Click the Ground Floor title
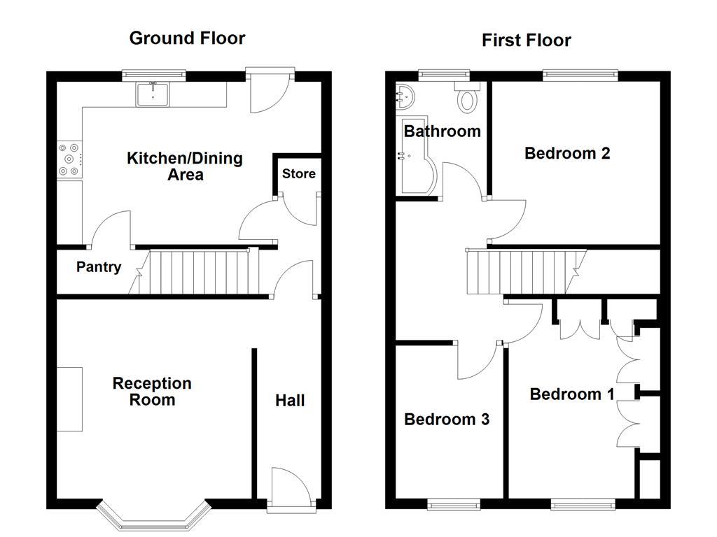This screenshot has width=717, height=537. tap(187, 38)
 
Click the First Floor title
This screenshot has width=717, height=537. tap(526, 40)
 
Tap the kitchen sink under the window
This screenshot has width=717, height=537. tap(153, 94)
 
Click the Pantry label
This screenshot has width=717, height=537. tap(99, 267)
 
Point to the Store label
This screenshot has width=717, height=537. tap(299, 173)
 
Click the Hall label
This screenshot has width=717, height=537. tap(289, 401)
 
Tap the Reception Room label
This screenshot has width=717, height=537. tap(152, 392)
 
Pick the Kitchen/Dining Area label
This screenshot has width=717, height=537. tap(185, 166)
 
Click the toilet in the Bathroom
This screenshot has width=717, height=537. tap(467, 98)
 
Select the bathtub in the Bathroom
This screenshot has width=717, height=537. tap(416, 168)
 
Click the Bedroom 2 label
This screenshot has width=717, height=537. tap(567, 153)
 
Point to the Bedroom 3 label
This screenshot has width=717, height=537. tap(446, 420)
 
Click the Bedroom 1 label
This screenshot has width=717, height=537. tap(572, 394)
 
